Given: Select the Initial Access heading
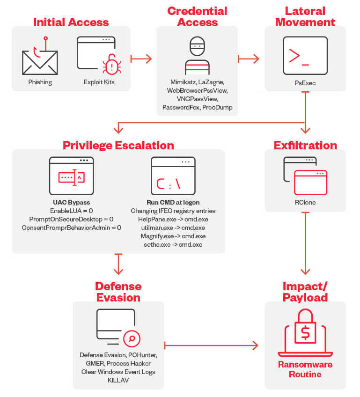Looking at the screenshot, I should point(71,22).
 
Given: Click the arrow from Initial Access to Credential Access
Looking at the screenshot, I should point(142,59).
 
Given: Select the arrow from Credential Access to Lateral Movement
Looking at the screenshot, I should point(249,59).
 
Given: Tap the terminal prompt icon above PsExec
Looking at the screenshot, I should point(305,56).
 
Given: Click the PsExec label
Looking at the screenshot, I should point(305,82).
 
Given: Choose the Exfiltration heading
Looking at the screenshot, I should point(305,145).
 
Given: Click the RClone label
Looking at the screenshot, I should point(305,203).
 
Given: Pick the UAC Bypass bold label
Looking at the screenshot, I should point(72,203).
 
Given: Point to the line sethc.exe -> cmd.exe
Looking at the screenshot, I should point(173,244).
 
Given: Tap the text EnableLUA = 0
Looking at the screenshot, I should point(72,211).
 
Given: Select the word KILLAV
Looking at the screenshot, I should point(118,380).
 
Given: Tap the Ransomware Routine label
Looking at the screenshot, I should point(305,369).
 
